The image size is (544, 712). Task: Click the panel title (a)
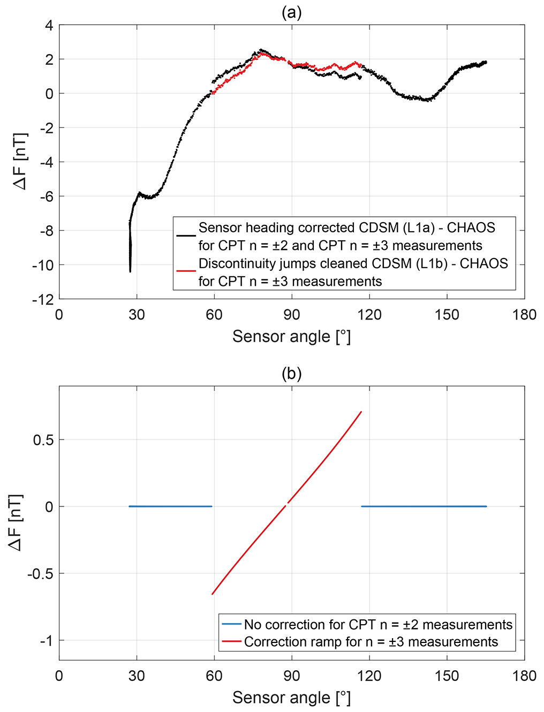click(x=291, y=12)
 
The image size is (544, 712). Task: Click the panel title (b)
click(x=291, y=373)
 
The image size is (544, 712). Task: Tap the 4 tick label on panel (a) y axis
click(x=49, y=26)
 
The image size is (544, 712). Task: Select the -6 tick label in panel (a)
click(x=46, y=196)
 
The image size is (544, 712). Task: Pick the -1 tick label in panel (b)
click(x=47, y=641)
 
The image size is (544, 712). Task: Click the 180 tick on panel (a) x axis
click(x=524, y=315)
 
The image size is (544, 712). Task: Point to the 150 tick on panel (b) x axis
click(x=447, y=676)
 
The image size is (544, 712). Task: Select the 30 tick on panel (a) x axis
click(x=137, y=315)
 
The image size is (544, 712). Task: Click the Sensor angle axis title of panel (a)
click(x=291, y=337)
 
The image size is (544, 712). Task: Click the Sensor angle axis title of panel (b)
click(x=291, y=698)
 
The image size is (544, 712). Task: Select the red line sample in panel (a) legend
click(x=186, y=271)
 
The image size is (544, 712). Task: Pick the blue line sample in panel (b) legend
click(x=231, y=624)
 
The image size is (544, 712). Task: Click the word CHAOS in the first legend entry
click(x=471, y=228)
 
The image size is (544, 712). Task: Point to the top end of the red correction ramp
click(x=361, y=412)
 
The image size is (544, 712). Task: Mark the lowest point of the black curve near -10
click(x=130, y=271)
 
